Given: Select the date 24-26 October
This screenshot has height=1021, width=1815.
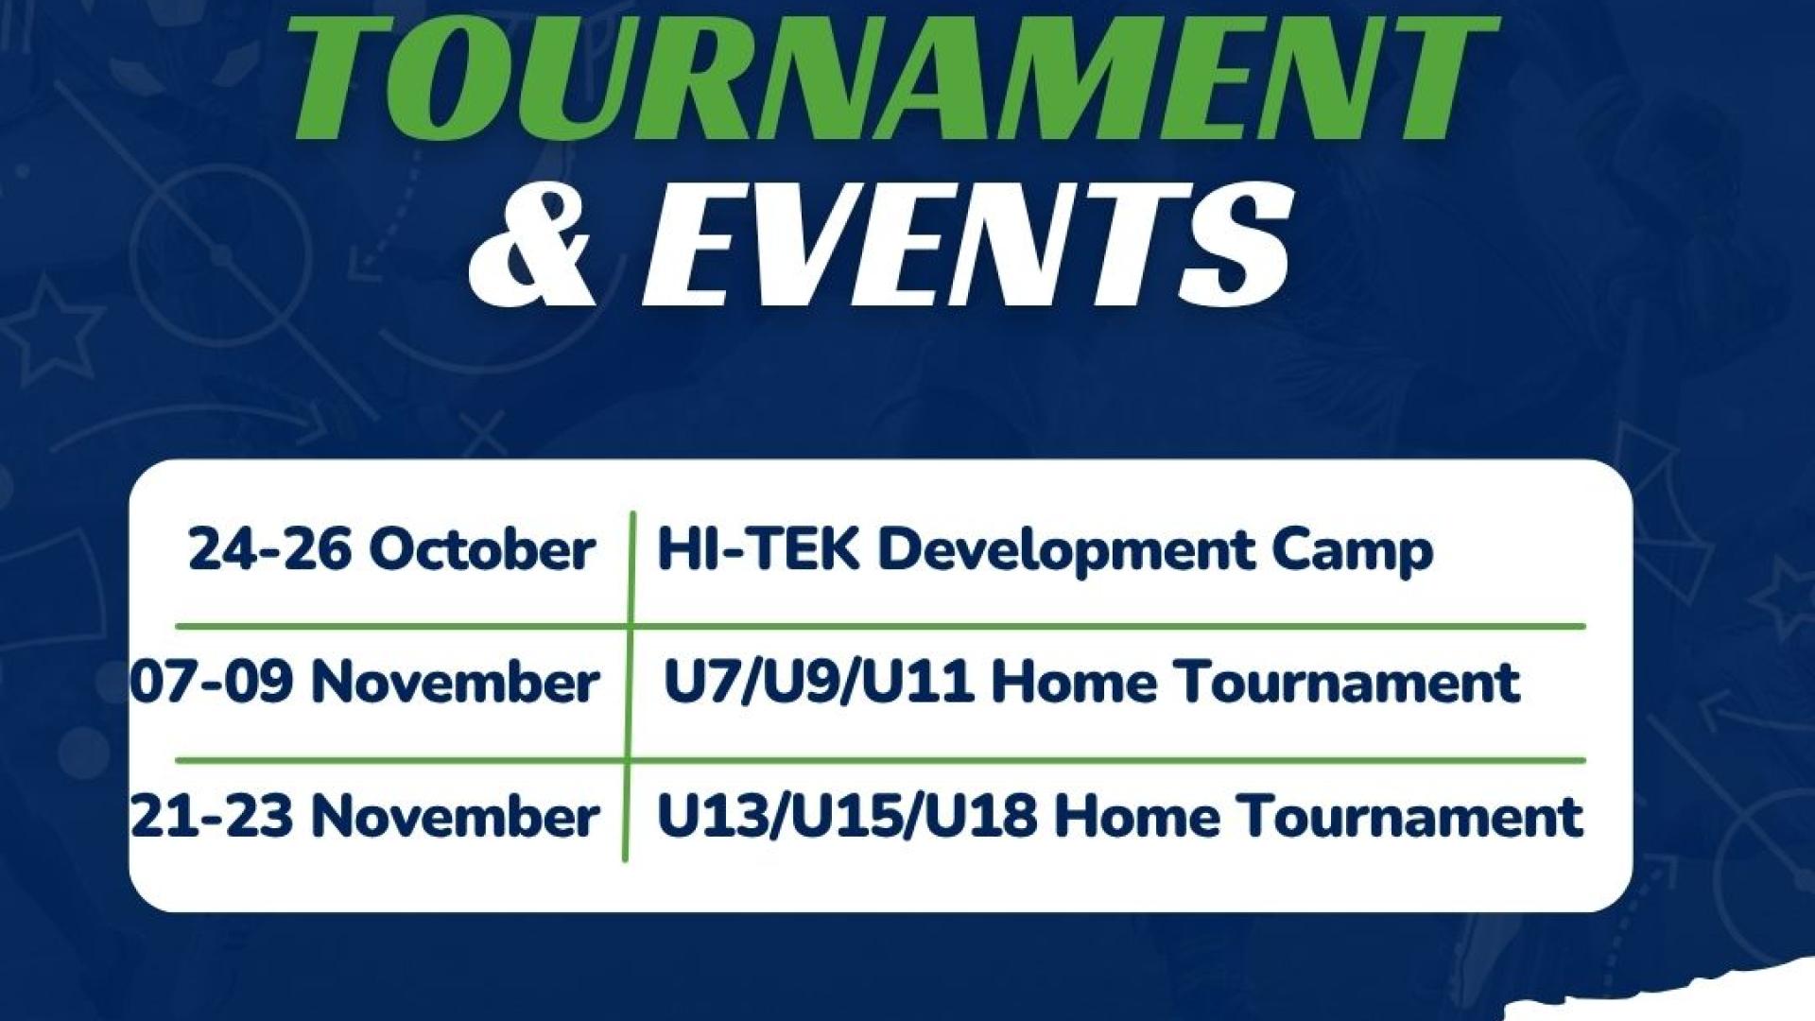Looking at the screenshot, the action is [391, 550].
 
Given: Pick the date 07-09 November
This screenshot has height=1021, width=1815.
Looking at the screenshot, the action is [365, 683].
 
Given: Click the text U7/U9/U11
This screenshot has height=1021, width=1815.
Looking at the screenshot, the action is [819, 683].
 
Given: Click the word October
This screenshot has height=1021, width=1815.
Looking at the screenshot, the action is [482, 550].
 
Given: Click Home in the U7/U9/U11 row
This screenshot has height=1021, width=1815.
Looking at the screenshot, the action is [1075, 683].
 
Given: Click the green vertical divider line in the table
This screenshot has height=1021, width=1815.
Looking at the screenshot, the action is [629, 686].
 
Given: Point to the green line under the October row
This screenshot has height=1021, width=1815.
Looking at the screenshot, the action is [880, 626].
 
